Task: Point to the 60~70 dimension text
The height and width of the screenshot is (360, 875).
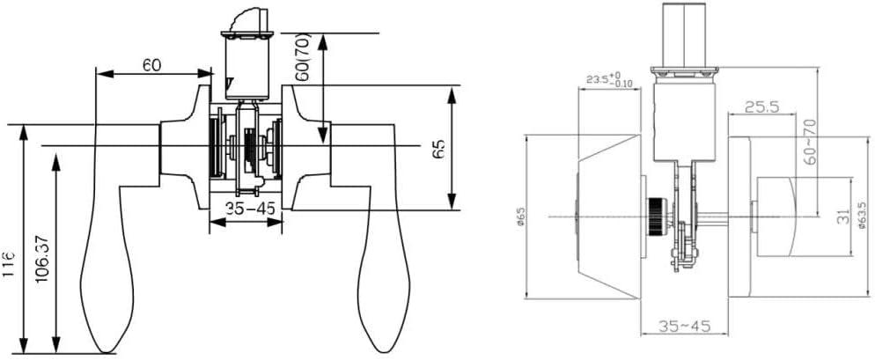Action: click(x=812, y=140)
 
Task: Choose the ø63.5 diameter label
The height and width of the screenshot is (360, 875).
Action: click(x=861, y=217)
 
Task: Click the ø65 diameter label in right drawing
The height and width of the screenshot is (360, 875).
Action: click(x=520, y=217)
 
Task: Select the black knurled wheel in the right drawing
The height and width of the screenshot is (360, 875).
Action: click(x=655, y=215)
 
